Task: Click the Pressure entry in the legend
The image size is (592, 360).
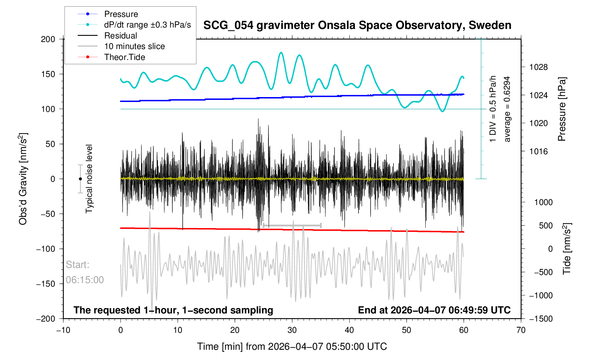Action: pos(121,14)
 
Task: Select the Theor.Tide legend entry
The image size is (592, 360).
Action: pos(124,57)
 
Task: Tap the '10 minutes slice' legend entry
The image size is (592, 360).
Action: pos(134,46)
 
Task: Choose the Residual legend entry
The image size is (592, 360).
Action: pos(120,36)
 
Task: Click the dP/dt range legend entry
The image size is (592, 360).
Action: pos(147,25)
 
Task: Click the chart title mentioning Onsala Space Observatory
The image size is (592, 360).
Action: pos(357,25)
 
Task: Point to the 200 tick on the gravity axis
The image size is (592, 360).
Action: pos(48,39)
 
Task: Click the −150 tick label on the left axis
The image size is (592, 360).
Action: pos(46,284)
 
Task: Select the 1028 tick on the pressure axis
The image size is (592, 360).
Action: pos(538,67)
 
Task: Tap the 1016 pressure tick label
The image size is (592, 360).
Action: pos(538,151)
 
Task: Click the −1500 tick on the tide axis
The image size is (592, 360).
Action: pos(540,319)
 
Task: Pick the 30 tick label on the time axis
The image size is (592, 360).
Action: pos(292,330)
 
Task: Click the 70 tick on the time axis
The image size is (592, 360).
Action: pos(521,330)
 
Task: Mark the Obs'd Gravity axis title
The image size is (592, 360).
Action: pos(23,179)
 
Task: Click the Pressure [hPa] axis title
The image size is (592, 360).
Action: pos(562,109)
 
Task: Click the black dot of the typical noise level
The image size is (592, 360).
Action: pos(80,179)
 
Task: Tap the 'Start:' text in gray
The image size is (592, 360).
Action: pos(77,265)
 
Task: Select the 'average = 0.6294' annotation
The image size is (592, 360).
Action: pos(507,109)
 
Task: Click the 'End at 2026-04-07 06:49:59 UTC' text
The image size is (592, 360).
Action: pos(434,310)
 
